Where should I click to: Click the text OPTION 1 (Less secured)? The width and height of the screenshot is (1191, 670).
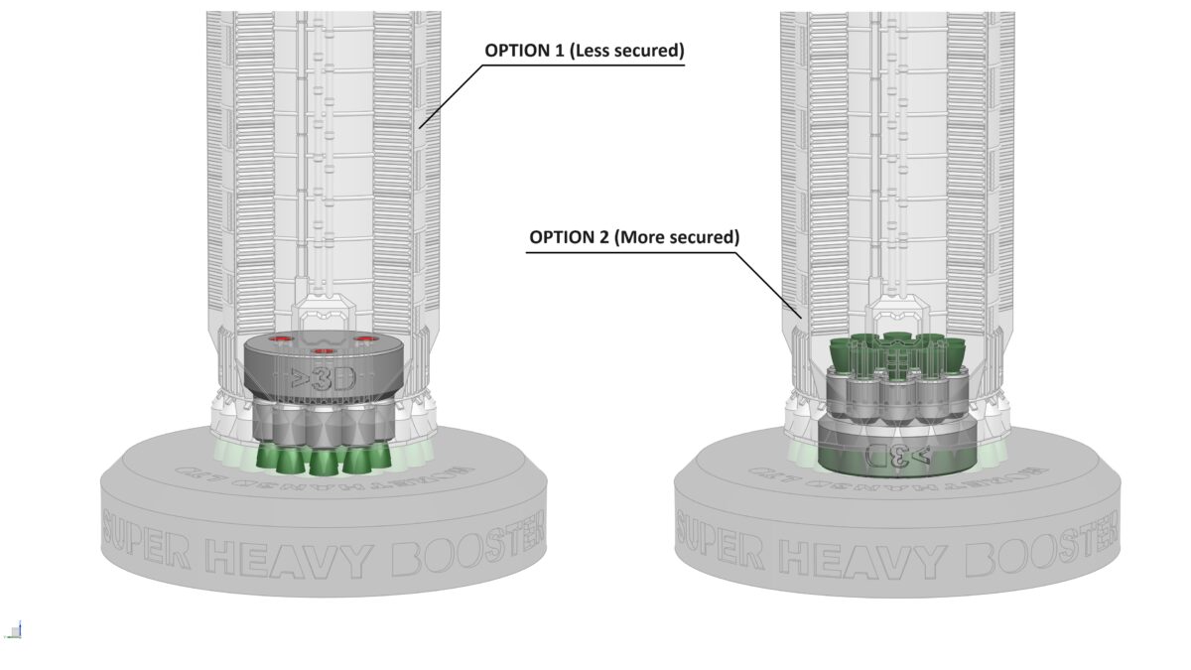[584, 51]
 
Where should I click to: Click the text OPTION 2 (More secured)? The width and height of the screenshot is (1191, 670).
[634, 237]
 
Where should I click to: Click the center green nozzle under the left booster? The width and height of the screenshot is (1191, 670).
[321, 462]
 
